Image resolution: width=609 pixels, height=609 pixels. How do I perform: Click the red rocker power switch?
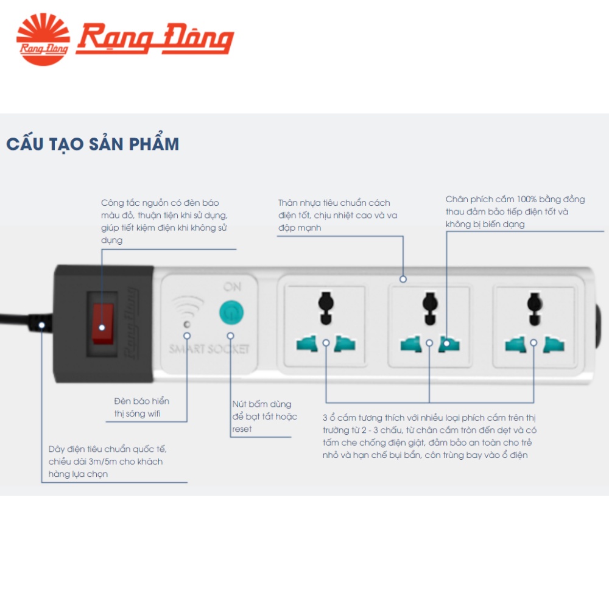[103, 324]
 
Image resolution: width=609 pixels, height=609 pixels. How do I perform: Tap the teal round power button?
[231, 312]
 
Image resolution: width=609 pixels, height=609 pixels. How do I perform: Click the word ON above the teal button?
[232, 287]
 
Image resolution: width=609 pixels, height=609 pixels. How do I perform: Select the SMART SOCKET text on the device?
[209, 349]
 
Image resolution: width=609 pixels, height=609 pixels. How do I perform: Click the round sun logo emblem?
[43, 39]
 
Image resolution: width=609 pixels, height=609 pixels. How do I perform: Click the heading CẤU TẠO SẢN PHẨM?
[93, 144]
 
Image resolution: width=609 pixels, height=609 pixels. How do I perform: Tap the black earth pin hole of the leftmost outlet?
[326, 308]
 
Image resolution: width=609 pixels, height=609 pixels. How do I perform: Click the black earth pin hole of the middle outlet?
[430, 308]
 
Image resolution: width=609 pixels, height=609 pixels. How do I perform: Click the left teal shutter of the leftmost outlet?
[307, 343]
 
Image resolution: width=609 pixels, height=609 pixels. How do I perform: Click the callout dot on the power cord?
[41, 325]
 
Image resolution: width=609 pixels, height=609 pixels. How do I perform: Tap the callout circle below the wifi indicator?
[187, 336]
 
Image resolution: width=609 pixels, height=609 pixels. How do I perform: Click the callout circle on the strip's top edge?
[403, 279]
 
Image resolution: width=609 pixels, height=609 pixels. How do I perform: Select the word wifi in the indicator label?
[154, 414]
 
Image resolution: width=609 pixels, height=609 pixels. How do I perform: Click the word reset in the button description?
[242, 429]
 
